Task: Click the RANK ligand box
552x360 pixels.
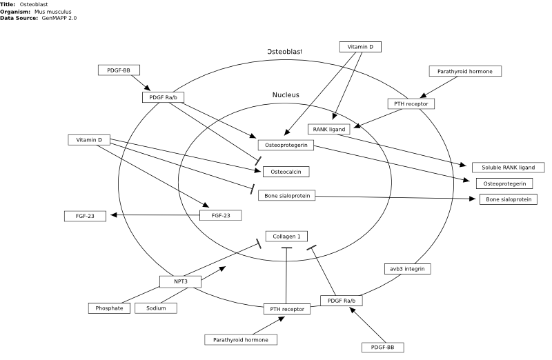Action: click(329, 129)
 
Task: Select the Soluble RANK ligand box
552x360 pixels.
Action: click(508, 168)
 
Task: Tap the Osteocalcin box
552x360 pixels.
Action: click(286, 172)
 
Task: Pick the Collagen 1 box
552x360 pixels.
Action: click(286, 237)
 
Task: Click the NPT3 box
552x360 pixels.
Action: click(181, 281)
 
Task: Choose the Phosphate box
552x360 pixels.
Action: click(109, 308)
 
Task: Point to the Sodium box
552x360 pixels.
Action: click(156, 308)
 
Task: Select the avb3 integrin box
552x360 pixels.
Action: click(407, 269)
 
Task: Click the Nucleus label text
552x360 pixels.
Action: click(286, 95)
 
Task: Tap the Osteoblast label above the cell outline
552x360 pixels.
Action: click(284, 51)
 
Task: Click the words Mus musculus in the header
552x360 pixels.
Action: click(53, 12)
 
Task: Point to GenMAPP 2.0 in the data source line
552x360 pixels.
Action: click(59, 18)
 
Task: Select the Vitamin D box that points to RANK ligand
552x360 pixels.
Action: click(360, 47)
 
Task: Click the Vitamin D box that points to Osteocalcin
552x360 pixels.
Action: click(89, 140)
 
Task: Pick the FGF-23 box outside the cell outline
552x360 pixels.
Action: click(85, 216)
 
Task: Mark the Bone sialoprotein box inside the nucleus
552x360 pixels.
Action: click(287, 196)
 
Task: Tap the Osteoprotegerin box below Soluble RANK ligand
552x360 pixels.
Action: click(504, 183)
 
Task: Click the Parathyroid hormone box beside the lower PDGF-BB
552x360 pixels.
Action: click(241, 340)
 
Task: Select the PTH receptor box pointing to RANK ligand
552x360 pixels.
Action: click(411, 104)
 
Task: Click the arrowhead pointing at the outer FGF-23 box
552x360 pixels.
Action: click(113, 215)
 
